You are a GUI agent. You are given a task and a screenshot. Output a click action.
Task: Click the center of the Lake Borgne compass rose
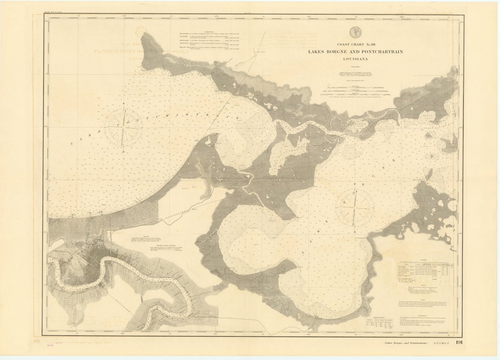[355, 206]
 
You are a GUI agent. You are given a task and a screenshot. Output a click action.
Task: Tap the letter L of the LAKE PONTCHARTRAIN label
[73, 145]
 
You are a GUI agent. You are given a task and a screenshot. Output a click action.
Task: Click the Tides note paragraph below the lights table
[419, 304]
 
